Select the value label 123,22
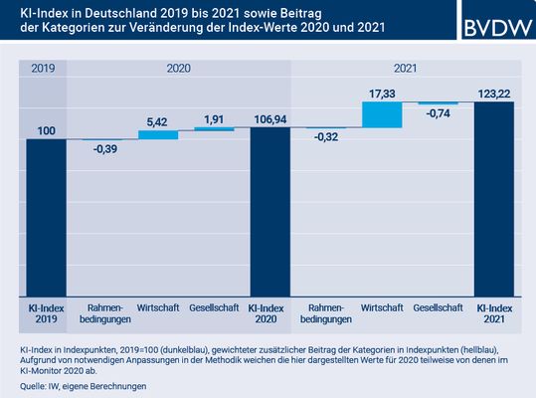[x=494, y=92]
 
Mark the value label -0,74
[x=439, y=114]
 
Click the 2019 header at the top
[x=42, y=69]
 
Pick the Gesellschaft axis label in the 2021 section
[x=439, y=307]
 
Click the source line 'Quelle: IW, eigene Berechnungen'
[x=81, y=386]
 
